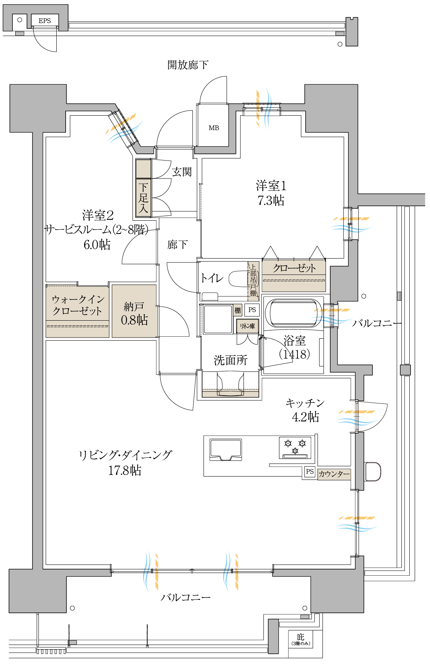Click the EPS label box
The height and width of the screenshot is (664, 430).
click(45, 20)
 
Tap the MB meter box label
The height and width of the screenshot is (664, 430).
click(214, 128)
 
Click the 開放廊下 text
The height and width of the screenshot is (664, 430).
click(188, 64)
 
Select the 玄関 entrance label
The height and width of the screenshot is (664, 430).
click(182, 171)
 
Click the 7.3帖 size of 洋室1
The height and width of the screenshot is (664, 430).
click(271, 201)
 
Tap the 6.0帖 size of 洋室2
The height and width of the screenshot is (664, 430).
click(97, 245)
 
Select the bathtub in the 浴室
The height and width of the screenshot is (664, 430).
click(294, 313)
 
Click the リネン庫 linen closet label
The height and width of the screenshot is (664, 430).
click(247, 326)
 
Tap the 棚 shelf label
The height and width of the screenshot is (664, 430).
click(237, 311)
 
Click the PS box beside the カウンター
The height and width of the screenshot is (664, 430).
click(310, 471)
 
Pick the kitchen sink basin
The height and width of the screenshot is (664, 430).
click(226, 450)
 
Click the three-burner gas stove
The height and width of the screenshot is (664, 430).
click(295, 448)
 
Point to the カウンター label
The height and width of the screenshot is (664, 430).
click(334, 474)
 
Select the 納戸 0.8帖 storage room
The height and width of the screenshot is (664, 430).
click(134, 311)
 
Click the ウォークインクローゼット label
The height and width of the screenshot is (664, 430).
click(77, 305)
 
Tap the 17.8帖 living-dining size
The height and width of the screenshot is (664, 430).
click(125, 470)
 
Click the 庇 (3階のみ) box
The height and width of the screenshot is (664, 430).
click(301, 639)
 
